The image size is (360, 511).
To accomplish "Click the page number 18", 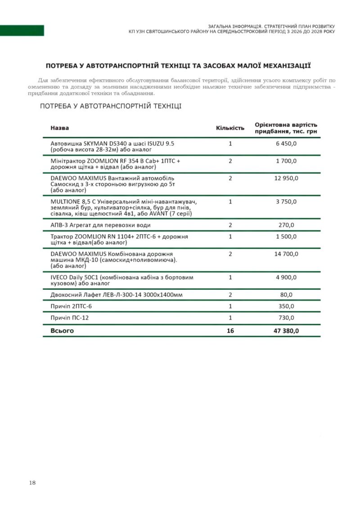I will (32, 483).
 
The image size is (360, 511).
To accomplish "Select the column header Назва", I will (59, 128).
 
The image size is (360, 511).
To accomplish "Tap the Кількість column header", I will (230, 128).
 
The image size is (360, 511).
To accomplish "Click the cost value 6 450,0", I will (286, 143).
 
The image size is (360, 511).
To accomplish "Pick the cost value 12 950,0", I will (286, 178).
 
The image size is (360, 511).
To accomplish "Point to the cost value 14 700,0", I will (286, 254).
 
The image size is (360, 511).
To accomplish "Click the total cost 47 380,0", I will (286, 331).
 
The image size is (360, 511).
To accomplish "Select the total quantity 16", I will (230, 331).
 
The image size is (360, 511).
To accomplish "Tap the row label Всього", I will (62, 331).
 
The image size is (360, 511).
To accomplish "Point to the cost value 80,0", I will (286, 295).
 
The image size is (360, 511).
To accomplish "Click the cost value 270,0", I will (286, 225).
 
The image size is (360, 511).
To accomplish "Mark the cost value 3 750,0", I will (286, 202).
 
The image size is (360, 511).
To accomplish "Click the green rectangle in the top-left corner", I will (22, 31).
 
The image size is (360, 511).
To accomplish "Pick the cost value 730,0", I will (286, 318).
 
